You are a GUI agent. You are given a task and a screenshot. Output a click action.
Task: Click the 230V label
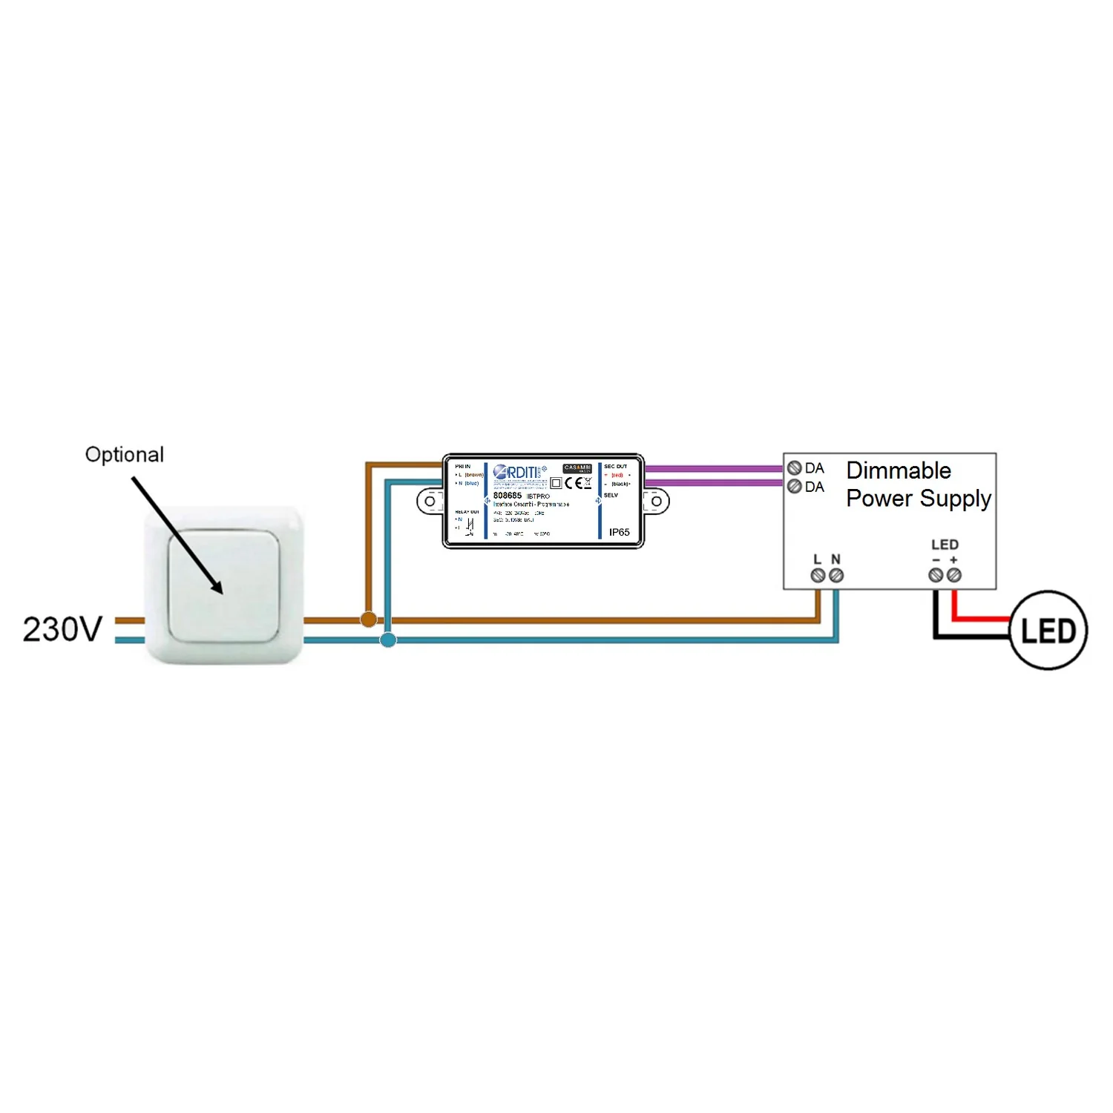click(x=62, y=629)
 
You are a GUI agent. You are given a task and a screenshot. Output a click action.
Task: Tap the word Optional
click(x=125, y=454)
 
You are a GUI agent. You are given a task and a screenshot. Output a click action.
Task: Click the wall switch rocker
click(x=223, y=585)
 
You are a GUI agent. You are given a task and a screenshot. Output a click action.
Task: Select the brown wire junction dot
click(x=368, y=619)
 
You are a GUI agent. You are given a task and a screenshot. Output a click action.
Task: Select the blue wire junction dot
click(x=388, y=639)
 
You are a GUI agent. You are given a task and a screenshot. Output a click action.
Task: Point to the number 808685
click(x=508, y=495)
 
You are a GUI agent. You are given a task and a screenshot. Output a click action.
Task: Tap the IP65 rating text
click(x=619, y=532)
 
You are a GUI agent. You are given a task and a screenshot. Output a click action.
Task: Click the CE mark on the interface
click(x=573, y=483)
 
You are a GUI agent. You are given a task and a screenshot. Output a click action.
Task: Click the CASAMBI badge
click(x=577, y=468)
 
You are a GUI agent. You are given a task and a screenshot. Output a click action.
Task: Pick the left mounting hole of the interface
click(x=430, y=502)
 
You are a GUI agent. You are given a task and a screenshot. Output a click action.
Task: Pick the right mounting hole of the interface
click(x=656, y=502)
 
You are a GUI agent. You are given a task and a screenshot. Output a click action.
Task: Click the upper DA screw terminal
click(x=794, y=468)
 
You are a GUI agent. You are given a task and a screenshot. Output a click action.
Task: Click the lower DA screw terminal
click(x=794, y=487)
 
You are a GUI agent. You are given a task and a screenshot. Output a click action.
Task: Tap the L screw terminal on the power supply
click(x=818, y=576)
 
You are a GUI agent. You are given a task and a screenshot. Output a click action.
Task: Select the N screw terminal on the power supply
click(x=836, y=576)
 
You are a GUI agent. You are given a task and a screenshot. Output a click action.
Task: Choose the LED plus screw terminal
click(x=954, y=575)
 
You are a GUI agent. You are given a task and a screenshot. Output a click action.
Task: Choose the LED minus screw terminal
click(x=936, y=575)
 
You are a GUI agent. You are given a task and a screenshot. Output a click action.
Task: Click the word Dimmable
click(x=898, y=470)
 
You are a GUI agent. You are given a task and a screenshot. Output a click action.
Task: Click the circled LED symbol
click(x=1048, y=631)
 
